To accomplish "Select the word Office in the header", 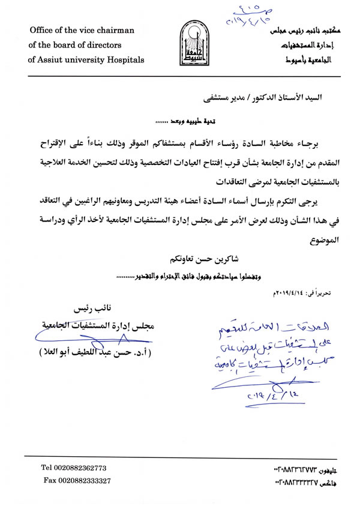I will coord(41,31).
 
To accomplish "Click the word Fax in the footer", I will coord(49,481).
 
